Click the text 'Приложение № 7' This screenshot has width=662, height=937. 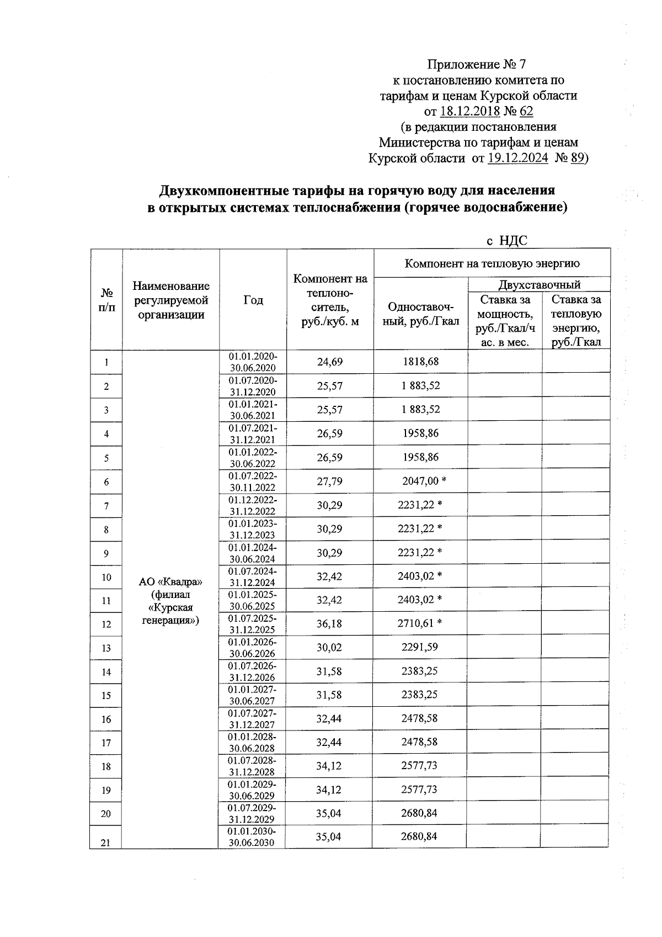click(478, 64)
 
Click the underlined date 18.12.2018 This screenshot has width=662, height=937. click(470, 112)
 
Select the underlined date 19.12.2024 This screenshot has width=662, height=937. click(517, 158)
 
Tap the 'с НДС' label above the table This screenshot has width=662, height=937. click(506, 241)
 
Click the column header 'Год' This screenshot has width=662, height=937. click(253, 300)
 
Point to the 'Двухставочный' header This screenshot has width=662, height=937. click(539, 285)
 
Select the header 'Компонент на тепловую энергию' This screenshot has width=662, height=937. click(492, 263)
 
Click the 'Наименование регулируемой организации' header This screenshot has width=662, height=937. click(171, 300)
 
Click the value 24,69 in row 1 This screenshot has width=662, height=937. click(330, 362)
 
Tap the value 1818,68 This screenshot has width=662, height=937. click(420, 362)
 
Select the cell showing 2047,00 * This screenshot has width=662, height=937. click(424, 481)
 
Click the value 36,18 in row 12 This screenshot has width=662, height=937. click(329, 623)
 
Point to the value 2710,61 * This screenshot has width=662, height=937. click(420, 623)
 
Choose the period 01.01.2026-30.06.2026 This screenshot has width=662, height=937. click(252, 648)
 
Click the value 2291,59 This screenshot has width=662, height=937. click(420, 647)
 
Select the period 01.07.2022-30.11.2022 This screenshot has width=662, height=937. click(253, 481)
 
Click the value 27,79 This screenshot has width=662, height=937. click(329, 481)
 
